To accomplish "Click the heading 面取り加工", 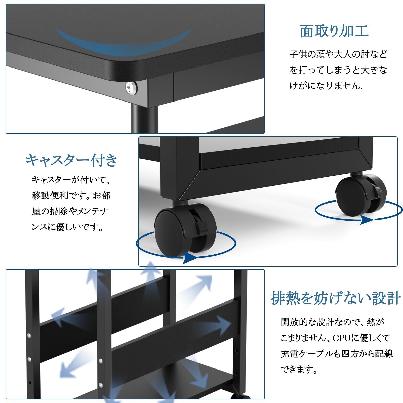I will (334, 31).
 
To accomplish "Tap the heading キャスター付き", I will (72, 160).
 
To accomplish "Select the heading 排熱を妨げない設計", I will (336, 298).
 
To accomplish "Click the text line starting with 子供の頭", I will (338, 54).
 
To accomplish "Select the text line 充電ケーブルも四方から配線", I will (337, 354).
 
